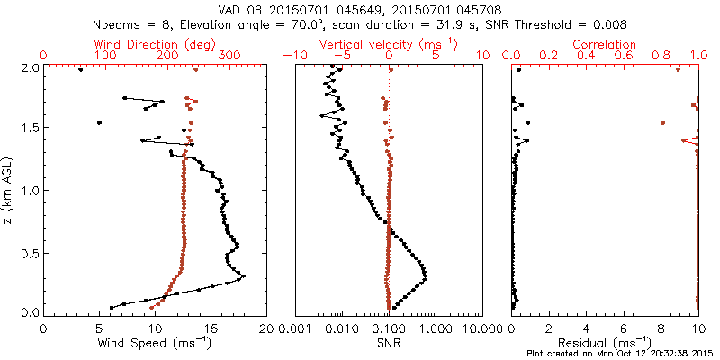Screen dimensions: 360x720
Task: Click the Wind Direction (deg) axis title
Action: point(154,44)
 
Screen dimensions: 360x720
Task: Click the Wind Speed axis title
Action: point(154,343)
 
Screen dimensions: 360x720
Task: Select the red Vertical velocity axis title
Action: point(389,44)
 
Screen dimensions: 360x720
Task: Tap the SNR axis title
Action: point(389,343)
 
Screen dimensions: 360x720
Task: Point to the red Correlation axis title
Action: point(605,44)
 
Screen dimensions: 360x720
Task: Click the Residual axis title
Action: point(605,343)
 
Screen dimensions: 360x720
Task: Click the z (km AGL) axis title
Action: point(10,190)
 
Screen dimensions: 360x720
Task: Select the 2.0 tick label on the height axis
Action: point(29,67)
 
